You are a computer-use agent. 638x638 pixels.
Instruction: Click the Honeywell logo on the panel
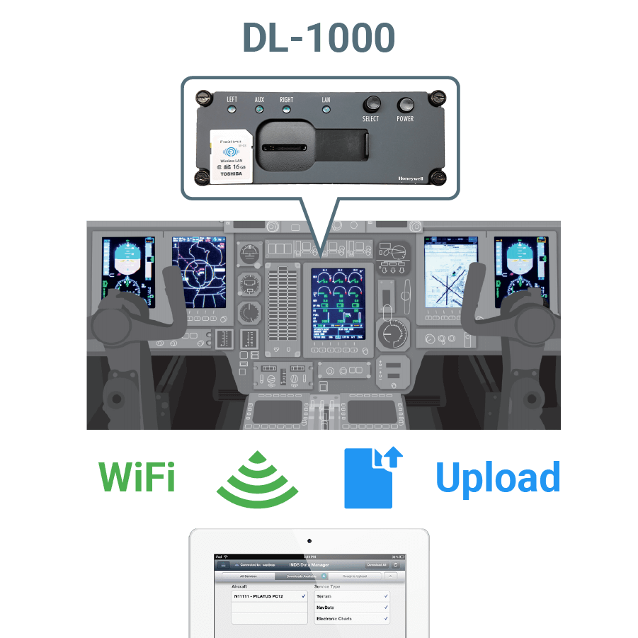pos(411,179)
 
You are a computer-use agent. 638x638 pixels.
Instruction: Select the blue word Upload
pos(498,478)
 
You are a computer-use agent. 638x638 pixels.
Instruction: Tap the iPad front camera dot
pos(309,542)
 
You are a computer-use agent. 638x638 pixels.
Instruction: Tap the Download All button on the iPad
pos(376,565)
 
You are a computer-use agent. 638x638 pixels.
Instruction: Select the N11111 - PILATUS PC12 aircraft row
pos(269,597)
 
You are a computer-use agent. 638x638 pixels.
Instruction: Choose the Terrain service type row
pos(352,597)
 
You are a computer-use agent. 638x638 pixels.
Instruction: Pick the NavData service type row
pos(352,608)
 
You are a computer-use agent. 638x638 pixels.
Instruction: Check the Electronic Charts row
pos(352,619)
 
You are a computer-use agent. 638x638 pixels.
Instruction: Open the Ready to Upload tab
pos(355,576)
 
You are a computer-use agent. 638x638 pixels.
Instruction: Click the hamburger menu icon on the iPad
pos(224,565)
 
